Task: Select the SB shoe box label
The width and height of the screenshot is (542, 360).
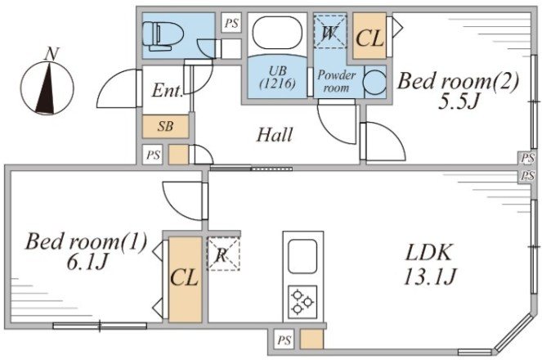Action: (x=165, y=126)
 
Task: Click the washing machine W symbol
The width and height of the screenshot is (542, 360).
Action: (x=330, y=34)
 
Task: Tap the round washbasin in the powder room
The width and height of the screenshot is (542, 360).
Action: (x=375, y=83)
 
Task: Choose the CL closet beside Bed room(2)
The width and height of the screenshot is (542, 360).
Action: (x=370, y=37)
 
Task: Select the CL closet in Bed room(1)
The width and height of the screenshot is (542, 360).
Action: (x=184, y=277)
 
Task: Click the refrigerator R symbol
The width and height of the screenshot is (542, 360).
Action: (x=222, y=253)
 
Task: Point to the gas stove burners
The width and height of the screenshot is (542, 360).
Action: (x=302, y=301)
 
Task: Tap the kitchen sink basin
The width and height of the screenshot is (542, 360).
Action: (x=302, y=257)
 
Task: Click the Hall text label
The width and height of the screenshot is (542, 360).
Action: (x=275, y=135)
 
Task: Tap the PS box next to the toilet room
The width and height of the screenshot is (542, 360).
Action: (x=231, y=24)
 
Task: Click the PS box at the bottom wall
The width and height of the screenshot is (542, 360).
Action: (x=284, y=340)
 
